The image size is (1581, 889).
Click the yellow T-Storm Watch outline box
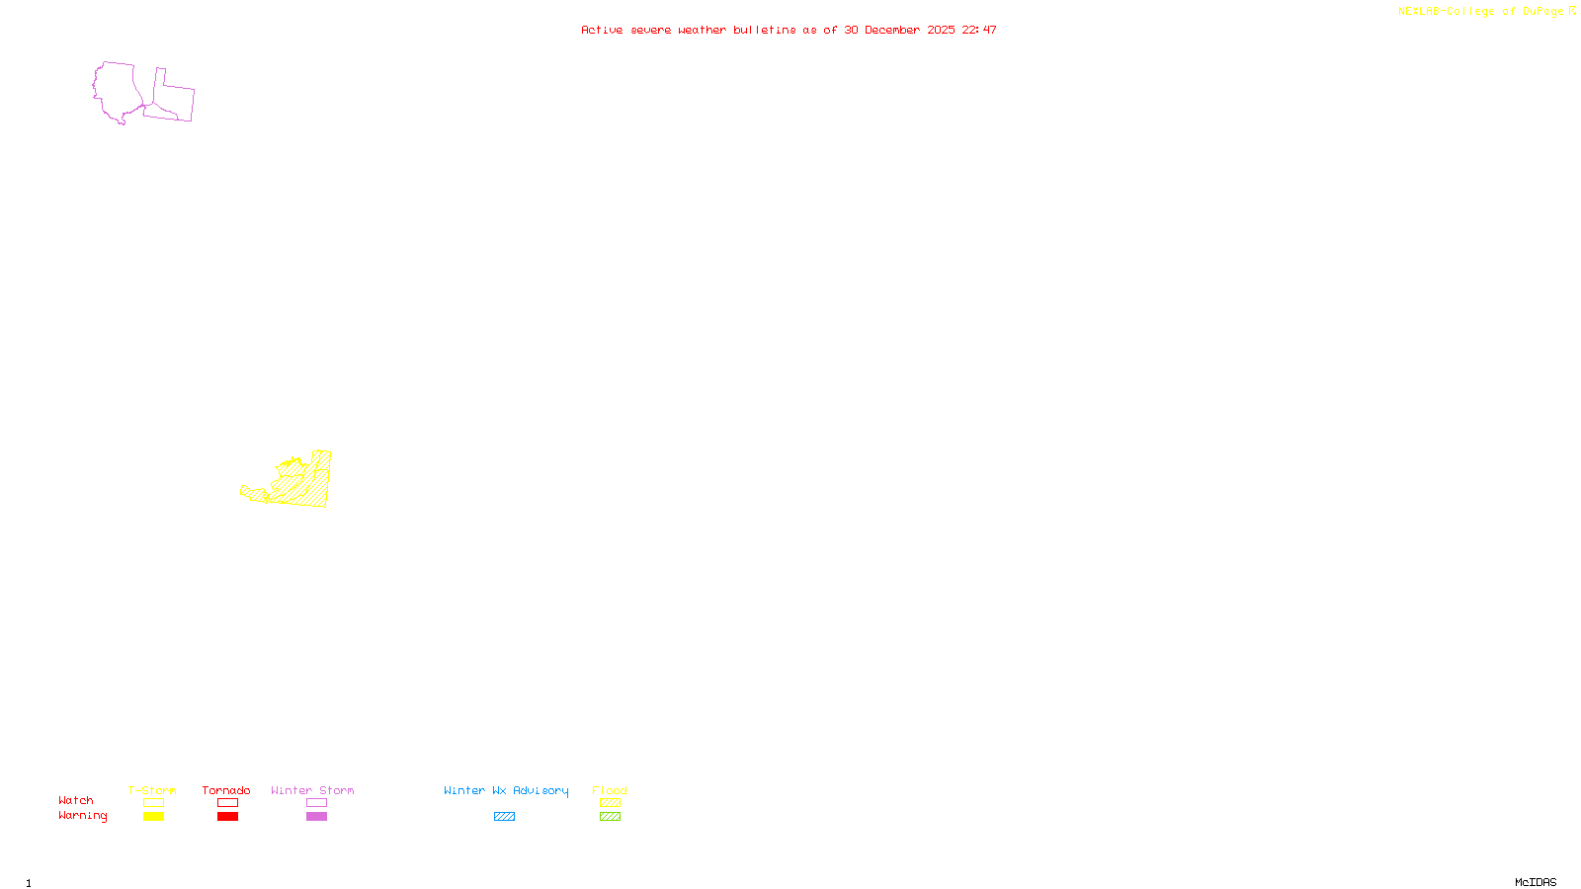point(153,803)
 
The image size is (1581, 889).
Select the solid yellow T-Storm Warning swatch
point(153,817)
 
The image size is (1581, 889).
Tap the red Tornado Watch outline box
point(227,803)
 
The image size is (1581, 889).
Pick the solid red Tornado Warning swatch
point(227,817)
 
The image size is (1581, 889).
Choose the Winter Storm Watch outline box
point(316,803)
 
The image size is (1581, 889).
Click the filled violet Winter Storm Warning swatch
point(316,817)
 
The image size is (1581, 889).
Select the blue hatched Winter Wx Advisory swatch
point(504,817)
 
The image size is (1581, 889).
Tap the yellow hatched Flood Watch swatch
point(610,803)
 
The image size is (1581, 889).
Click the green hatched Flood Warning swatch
point(610,817)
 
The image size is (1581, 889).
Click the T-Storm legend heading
point(152,790)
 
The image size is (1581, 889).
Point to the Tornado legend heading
point(226,790)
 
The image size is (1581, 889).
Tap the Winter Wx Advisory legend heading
point(506,790)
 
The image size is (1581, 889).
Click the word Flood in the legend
point(610,790)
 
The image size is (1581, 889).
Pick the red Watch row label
point(76,800)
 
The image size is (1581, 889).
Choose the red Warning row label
point(82,816)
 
